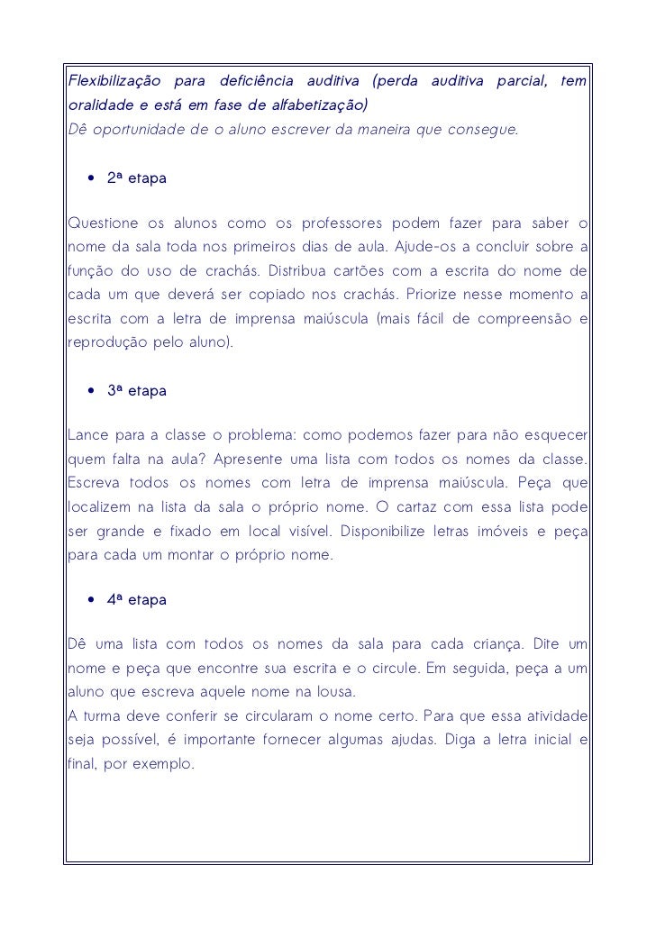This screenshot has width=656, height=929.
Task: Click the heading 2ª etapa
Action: (136, 178)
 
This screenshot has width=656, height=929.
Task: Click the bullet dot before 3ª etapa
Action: (92, 392)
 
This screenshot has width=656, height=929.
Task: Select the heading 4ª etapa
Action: (136, 600)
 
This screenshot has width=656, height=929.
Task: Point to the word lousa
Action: (337, 692)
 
